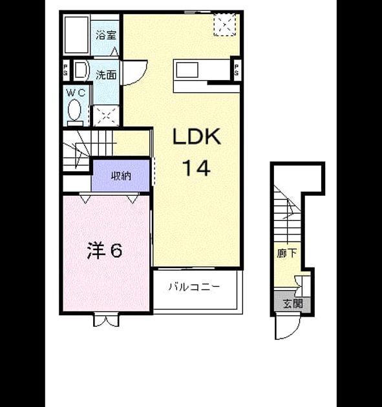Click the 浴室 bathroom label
coord(106,36)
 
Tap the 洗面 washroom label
coord(106,75)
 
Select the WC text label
coord(76,92)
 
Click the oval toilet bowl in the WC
coord(74,110)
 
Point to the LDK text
coord(197,136)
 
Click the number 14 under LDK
coord(196,168)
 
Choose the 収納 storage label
coord(121,176)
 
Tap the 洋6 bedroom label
coord(105,251)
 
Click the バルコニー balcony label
coord(195,287)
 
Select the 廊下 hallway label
coord(286,253)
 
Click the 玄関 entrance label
coord(293,303)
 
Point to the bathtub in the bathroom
coord(76,35)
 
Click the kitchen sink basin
coord(187,70)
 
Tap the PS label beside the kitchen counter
coord(237,70)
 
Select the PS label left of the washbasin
coord(66,69)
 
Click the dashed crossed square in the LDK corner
coord(225,25)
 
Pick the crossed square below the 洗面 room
coord(106,116)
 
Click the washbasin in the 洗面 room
coord(81,70)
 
